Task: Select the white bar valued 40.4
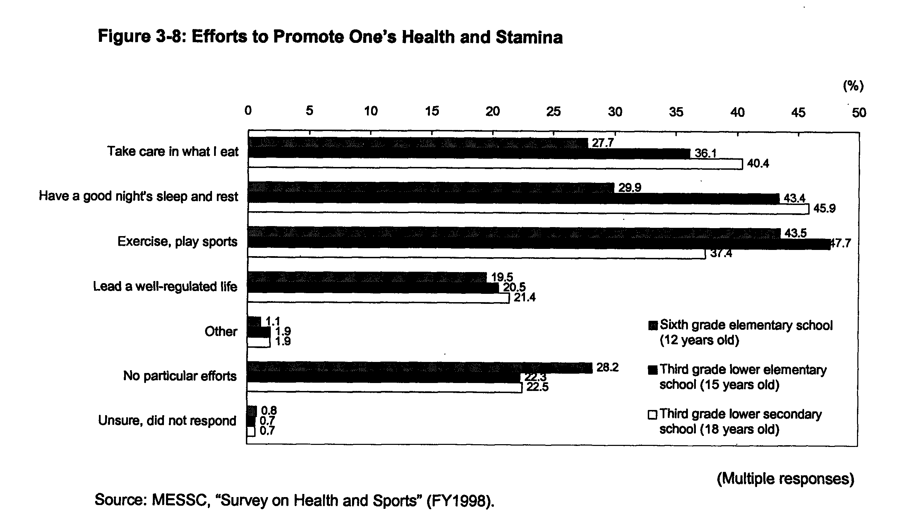(x=495, y=164)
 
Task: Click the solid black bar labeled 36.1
(x=469, y=154)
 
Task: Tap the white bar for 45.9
(x=528, y=209)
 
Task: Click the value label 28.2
(x=607, y=367)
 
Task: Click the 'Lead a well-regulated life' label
(x=165, y=287)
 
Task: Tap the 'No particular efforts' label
(x=180, y=376)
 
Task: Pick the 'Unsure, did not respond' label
(x=167, y=421)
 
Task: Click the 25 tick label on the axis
(x=553, y=112)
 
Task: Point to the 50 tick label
(x=859, y=113)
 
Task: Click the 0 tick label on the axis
(x=248, y=110)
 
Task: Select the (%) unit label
(x=853, y=86)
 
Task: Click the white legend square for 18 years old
(x=653, y=415)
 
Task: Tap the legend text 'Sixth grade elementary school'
(x=746, y=325)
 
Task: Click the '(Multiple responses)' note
(x=785, y=478)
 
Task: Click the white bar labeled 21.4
(x=379, y=298)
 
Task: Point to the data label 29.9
(x=630, y=187)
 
